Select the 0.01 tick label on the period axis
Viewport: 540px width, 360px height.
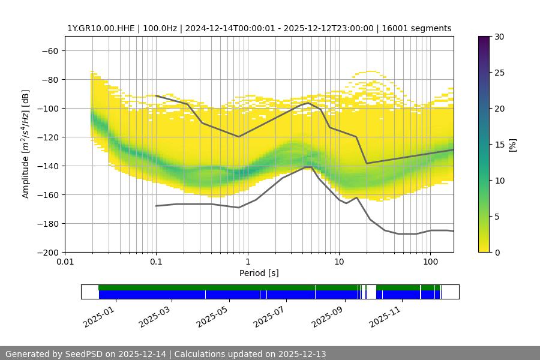click(65, 262)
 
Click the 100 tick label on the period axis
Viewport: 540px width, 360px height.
click(430, 262)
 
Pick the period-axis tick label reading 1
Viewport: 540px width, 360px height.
click(247, 262)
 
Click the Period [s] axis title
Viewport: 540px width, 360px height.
click(259, 273)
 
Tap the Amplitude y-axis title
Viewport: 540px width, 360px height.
click(26, 145)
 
